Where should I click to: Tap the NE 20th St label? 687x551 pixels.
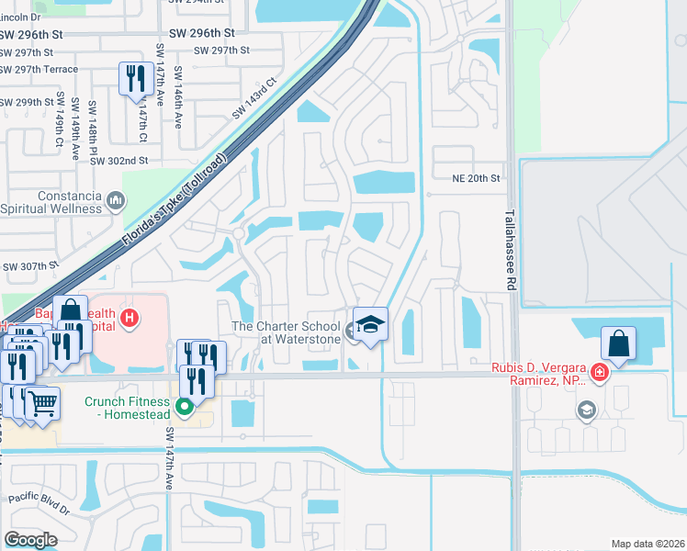477,178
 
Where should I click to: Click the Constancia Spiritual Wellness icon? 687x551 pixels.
116,199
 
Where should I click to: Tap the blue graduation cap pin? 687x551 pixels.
370,325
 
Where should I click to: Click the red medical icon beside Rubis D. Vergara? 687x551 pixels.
599,372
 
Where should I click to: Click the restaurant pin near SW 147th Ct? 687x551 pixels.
136,79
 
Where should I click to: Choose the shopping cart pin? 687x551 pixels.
42,403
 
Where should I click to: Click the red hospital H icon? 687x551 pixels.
130,319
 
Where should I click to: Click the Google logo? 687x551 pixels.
30,540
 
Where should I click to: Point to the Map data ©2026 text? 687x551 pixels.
647,544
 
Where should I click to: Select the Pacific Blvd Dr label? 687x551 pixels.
40,504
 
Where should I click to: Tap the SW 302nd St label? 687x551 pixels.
118,161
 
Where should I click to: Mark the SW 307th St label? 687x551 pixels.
30,267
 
